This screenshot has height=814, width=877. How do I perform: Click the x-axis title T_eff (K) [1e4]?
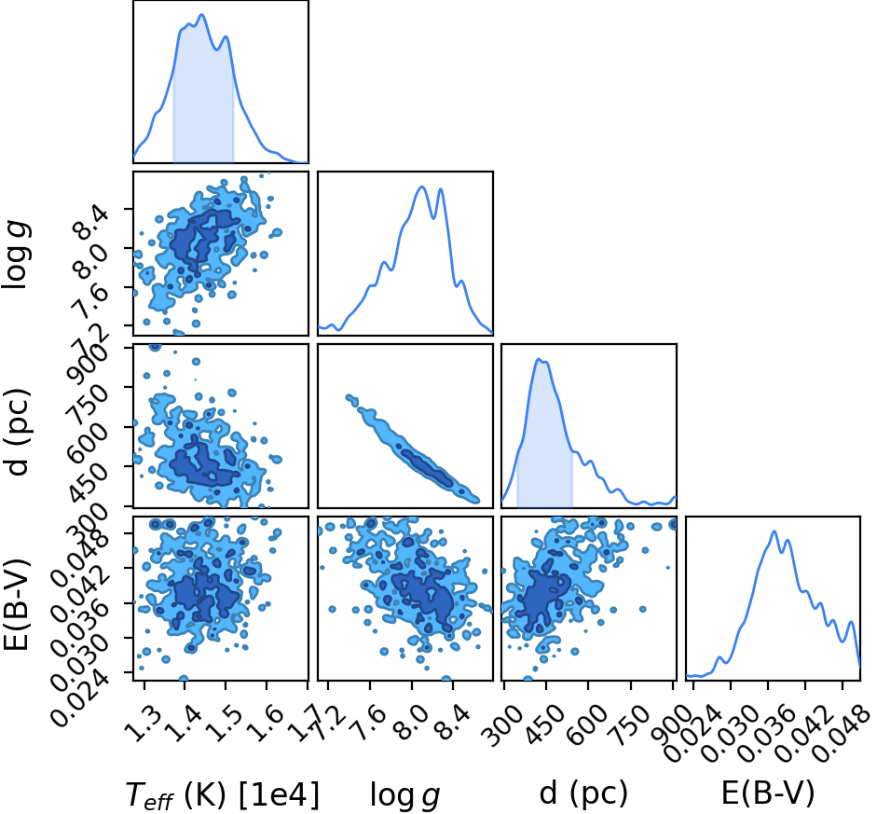pyautogui.click(x=223, y=794)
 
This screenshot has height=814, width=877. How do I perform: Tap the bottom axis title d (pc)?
pyautogui.click(x=583, y=793)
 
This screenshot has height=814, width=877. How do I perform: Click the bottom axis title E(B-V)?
pyautogui.click(x=767, y=793)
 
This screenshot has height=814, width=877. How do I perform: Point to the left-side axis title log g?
pyautogui.click(x=17, y=255)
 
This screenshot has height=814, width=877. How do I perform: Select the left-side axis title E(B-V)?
pyautogui.click(x=16, y=603)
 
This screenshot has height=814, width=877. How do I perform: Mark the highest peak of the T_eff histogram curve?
pyautogui.click(x=202, y=15)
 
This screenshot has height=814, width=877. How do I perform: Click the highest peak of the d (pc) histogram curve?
pyautogui.click(x=540, y=359)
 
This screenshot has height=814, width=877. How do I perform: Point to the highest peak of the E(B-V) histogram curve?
pyautogui.click(x=774, y=531)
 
